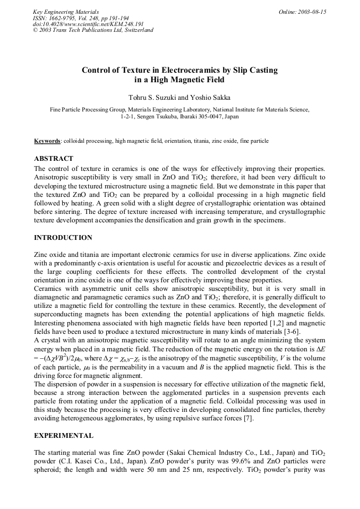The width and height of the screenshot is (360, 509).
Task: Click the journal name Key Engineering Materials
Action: (65, 12)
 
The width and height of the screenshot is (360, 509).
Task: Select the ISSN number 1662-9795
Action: (64, 18)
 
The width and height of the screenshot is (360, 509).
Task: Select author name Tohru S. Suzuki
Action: (150, 98)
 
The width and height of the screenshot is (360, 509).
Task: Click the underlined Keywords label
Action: (47, 141)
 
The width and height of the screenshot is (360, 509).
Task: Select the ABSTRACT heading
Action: (54, 159)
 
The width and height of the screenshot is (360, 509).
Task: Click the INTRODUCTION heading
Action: (63, 237)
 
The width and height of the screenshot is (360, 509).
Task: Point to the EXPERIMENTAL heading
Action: (64, 436)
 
